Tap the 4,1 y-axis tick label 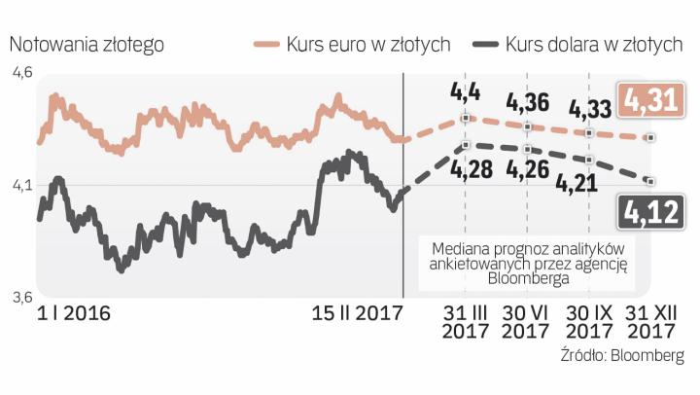click(21, 185)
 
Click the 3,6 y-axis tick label click(21, 297)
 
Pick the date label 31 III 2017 click(465, 323)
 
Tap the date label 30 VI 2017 click(526, 323)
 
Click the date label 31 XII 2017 click(650, 323)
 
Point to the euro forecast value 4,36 click(528, 101)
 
